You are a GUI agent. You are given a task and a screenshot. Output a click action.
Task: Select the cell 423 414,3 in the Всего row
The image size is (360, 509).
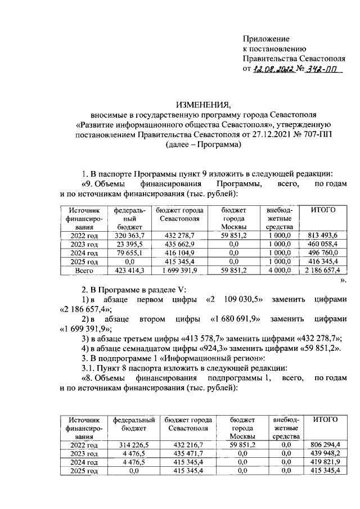click(x=130, y=271)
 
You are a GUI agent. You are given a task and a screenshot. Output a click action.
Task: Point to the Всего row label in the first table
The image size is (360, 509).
click(x=84, y=271)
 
